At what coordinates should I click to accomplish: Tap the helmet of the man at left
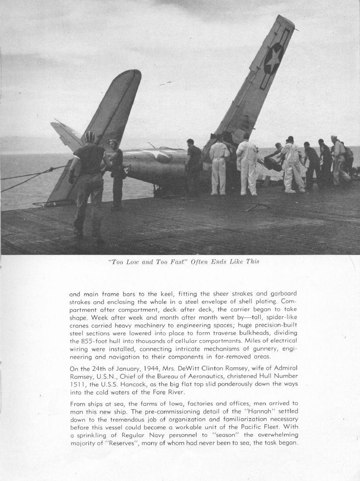(x=89, y=136)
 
